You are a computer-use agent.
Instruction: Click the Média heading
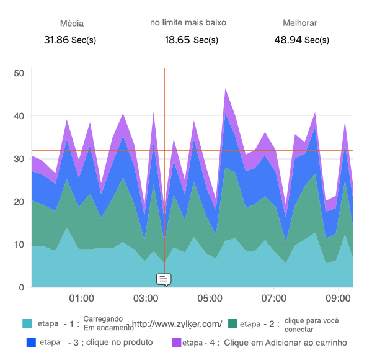[x=71, y=24]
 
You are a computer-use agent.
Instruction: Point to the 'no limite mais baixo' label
[x=188, y=22]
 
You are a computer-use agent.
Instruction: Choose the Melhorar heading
[x=300, y=23]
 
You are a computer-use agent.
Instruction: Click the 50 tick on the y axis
[x=19, y=73]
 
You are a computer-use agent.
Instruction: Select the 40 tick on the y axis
[x=19, y=116]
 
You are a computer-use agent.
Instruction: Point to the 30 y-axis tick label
[x=19, y=159]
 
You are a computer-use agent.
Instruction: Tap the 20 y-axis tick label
[x=19, y=202]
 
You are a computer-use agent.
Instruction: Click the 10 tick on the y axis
[x=19, y=245]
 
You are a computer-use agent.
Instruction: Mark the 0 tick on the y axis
[x=21, y=287]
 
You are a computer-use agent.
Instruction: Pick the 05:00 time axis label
[x=210, y=299]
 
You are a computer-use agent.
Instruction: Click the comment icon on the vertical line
[x=164, y=279]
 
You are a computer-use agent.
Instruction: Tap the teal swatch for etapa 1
[x=27, y=324]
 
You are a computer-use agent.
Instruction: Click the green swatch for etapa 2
[x=233, y=324]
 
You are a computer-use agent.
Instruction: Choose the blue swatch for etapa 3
[x=32, y=342]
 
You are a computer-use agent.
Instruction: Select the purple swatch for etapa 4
[x=177, y=342]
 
